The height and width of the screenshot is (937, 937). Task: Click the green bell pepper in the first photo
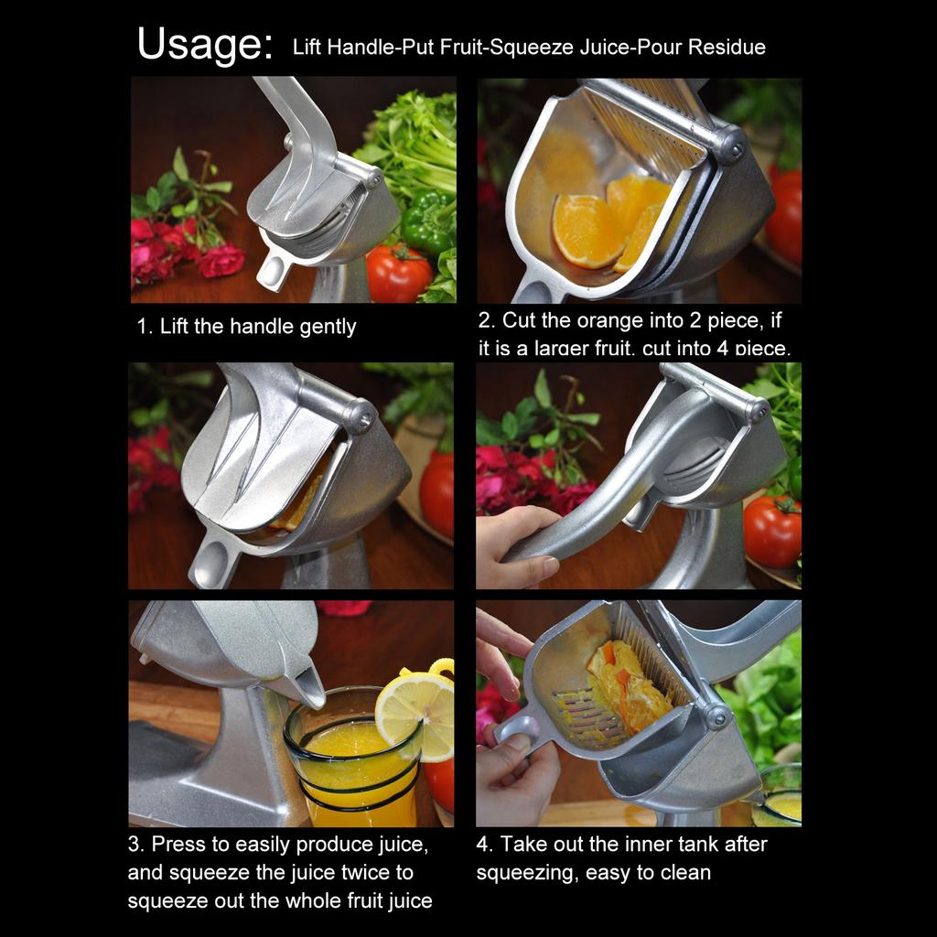coord(426,222)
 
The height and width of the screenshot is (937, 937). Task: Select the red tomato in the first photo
coord(399,275)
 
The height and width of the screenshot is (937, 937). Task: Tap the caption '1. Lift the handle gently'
coord(246,327)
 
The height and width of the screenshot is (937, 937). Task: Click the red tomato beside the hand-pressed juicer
coord(771,531)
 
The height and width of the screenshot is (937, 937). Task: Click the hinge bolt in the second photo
coord(729,144)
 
